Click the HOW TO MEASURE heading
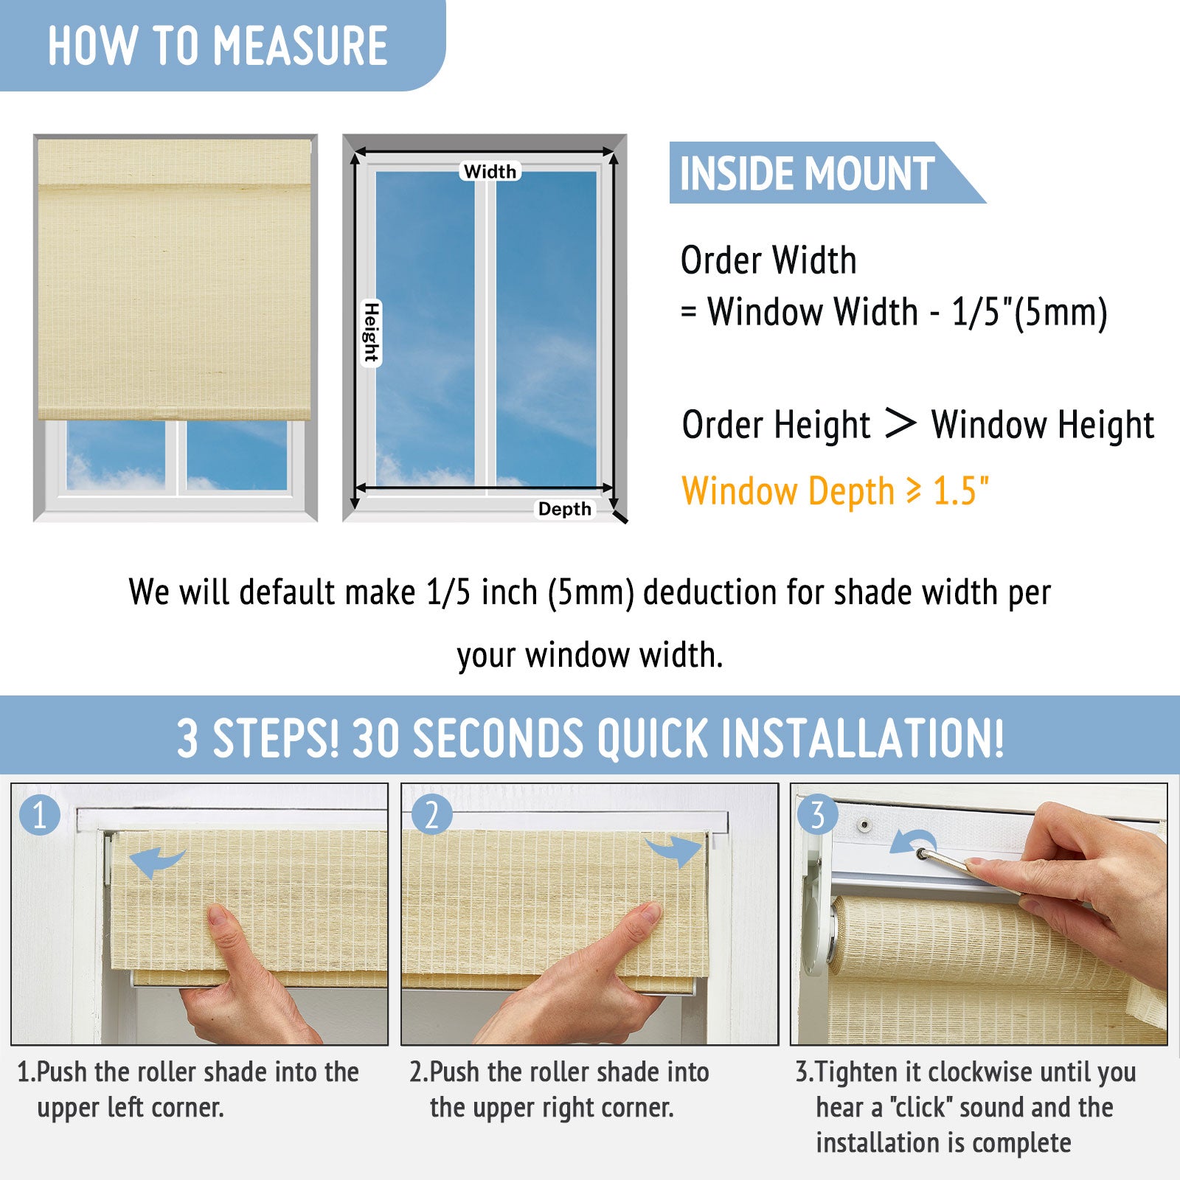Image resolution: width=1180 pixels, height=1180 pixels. [218, 46]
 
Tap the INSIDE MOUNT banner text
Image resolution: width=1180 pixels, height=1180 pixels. [807, 174]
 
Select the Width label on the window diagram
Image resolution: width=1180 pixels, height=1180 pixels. [490, 172]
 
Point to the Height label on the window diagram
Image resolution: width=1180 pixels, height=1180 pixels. [372, 333]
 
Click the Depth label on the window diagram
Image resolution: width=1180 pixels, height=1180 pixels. [564, 509]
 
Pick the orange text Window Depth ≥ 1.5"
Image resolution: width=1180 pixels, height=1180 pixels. [835, 492]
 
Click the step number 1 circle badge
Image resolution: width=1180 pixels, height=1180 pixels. [39, 815]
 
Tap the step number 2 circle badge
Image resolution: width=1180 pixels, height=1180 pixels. [431, 814]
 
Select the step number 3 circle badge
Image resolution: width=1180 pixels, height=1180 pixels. [817, 814]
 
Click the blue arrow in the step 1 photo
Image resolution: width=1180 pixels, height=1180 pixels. [155, 861]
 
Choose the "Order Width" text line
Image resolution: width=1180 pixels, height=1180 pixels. [768, 260]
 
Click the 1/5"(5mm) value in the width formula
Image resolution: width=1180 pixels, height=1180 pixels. [1030, 312]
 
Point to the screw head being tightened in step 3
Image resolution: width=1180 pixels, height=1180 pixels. [922, 853]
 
